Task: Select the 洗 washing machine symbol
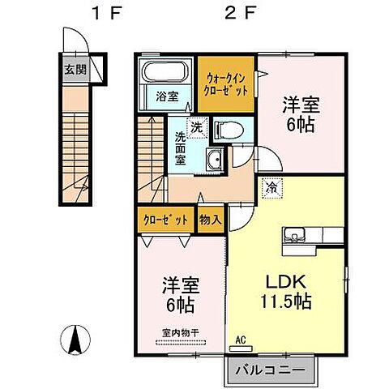pos(196,126)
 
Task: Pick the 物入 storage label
pos(209,220)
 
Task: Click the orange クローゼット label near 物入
pos(166,220)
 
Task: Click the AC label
pos(241,340)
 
